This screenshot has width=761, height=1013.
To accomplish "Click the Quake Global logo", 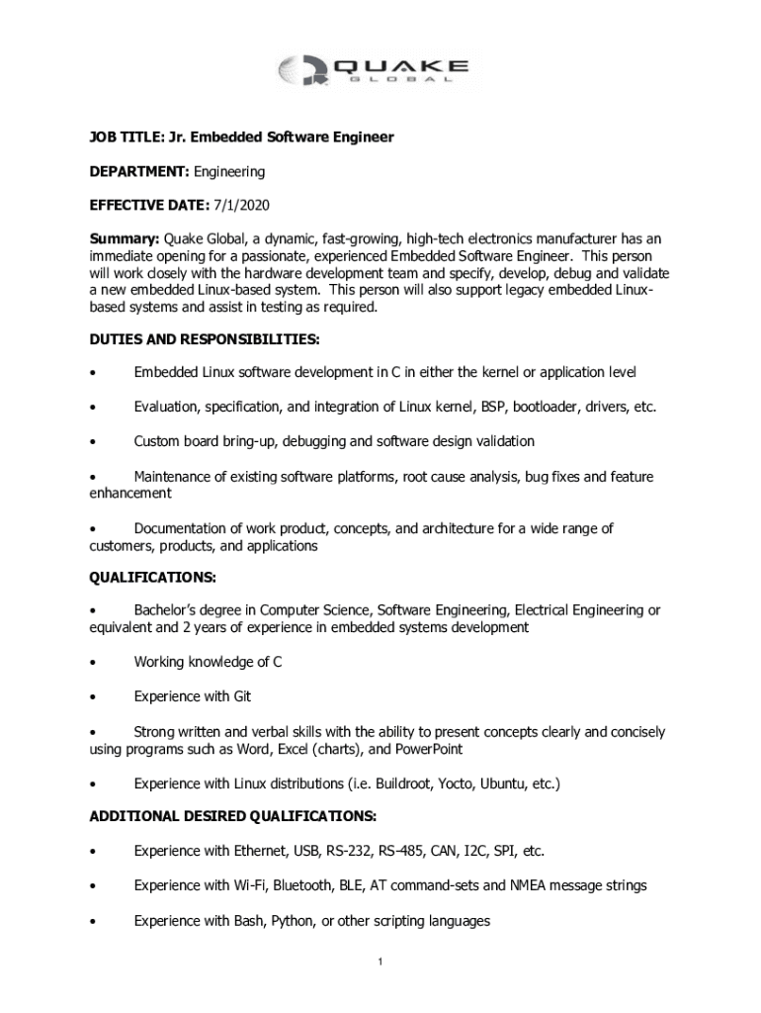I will [x=374, y=71].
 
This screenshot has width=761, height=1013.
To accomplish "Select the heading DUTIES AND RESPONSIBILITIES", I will [x=205, y=339].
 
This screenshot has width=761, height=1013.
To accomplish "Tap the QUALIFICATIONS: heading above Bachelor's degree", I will [x=152, y=577].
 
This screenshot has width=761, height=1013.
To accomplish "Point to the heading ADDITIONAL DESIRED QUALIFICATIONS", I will [x=232, y=816].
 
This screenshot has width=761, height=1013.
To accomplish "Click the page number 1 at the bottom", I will [x=380, y=963].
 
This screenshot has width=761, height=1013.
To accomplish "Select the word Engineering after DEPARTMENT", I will [x=229, y=171].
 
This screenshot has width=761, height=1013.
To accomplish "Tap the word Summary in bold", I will [x=125, y=238].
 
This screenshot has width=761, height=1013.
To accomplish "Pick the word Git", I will [x=242, y=696].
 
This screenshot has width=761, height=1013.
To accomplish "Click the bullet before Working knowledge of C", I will [x=92, y=663].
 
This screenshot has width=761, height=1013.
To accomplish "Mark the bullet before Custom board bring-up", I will [x=92, y=441].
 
